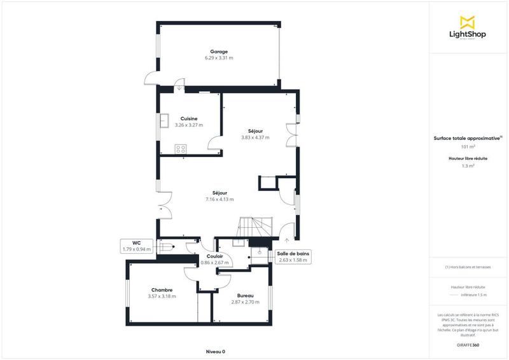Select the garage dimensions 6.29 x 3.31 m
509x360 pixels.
(x=219, y=58)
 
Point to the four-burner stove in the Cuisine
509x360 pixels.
(x=181, y=149)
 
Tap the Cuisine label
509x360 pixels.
(x=189, y=118)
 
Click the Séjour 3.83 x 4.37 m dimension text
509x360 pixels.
(x=255, y=137)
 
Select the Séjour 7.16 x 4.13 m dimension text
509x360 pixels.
(x=220, y=199)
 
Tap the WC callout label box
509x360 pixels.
(x=137, y=246)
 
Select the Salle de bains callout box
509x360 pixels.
(x=293, y=256)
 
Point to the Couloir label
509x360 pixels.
(x=214, y=256)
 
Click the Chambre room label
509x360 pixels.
(x=162, y=290)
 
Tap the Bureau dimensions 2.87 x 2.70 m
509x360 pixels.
(x=245, y=302)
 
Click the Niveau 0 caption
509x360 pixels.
(x=215, y=351)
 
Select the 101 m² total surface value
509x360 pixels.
(x=468, y=146)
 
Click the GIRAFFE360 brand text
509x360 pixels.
(x=468, y=344)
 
